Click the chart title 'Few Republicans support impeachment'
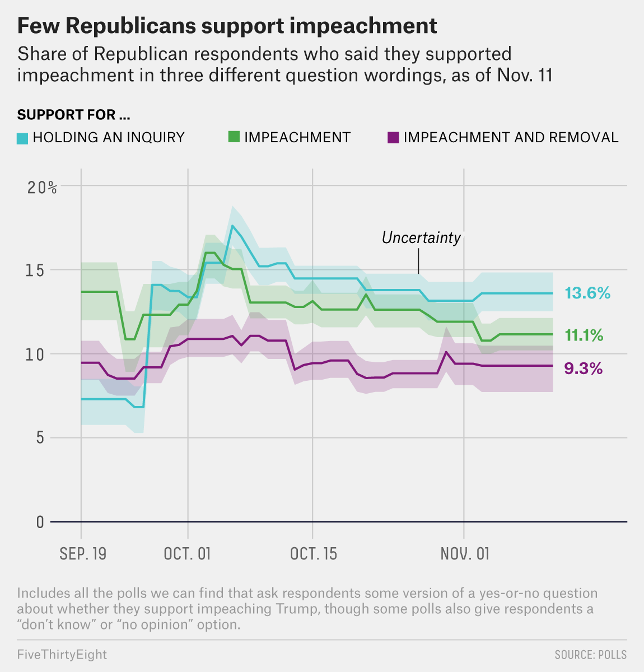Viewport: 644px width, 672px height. [227, 26]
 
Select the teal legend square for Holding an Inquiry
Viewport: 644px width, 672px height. [22, 138]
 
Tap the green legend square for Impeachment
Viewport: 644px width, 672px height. [234, 137]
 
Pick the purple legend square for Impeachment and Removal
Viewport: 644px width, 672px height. [393, 137]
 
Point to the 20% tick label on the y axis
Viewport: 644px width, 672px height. [42, 188]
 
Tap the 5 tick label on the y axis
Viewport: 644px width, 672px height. [40, 438]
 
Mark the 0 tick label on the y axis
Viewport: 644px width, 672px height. [40, 522]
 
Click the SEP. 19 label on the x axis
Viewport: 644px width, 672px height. [83, 554]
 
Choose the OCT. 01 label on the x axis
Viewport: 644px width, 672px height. [187, 554]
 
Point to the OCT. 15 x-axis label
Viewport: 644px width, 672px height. [314, 554]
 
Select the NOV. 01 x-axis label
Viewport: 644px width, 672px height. [465, 554]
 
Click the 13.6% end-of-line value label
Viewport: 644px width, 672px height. [587, 293]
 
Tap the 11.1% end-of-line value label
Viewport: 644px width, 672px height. [584, 335]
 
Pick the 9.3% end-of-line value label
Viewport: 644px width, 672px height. [583, 368]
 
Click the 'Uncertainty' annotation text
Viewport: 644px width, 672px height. [421, 238]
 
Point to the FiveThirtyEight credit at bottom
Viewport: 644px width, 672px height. [62, 655]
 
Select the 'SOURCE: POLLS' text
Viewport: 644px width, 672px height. [590, 655]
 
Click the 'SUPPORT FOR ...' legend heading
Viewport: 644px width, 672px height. [73, 115]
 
